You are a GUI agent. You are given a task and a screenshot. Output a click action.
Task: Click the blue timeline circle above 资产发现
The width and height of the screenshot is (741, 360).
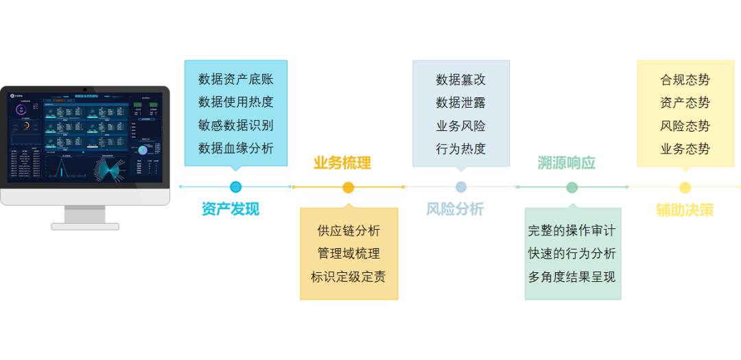[x=236, y=187]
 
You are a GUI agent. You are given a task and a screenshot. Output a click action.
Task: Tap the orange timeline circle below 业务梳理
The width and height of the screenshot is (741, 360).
[x=348, y=187]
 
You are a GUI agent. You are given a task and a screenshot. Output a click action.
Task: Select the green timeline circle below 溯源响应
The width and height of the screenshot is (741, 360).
[x=572, y=187]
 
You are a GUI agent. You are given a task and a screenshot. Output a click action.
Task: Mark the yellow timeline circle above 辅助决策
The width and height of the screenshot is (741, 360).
[x=685, y=187]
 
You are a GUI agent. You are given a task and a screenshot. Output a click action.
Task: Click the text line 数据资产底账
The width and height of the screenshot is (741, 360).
[x=236, y=80]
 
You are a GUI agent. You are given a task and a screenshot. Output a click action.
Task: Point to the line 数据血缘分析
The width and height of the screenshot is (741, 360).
[x=236, y=148]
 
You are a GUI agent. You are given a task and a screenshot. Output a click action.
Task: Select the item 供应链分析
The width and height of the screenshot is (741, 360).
[x=349, y=230]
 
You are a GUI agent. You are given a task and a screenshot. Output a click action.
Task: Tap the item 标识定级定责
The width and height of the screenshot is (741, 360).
[x=349, y=277]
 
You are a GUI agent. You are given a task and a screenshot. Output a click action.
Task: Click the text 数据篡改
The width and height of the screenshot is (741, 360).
[x=460, y=80]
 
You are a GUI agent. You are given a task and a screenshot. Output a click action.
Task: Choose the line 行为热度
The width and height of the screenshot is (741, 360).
[x=460, y=148]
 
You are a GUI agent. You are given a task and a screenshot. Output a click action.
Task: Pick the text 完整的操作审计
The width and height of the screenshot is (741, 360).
[x=572, y=230]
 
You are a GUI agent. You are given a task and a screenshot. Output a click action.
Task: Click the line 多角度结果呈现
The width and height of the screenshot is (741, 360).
[x=572, y=277]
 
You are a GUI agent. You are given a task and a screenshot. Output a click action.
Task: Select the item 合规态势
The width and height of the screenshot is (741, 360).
[x=685, y=80]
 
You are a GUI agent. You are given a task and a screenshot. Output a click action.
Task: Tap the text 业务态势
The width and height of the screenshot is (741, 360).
[x=685, y=148]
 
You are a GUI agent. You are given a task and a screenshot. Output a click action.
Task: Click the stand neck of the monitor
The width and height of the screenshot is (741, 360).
[x=85, y=214]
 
